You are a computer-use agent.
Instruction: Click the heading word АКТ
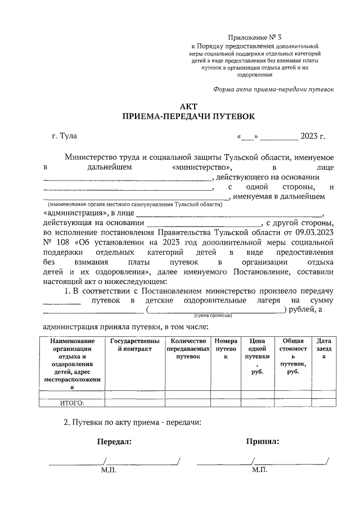tap(189, 106)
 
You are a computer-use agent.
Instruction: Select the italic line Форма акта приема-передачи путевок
tap(273, 89)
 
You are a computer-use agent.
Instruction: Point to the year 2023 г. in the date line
tap(313, 136)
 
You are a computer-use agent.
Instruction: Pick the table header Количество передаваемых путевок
tap(188, 349)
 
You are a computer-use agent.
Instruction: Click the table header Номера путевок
tap(226, 349)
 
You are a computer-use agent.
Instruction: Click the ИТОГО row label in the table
tap(71, 402)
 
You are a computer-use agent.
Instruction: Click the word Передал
tap(114, 442)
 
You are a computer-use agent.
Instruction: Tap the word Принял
tap(263, 442)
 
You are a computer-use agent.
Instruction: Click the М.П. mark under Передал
tap(109, 470)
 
